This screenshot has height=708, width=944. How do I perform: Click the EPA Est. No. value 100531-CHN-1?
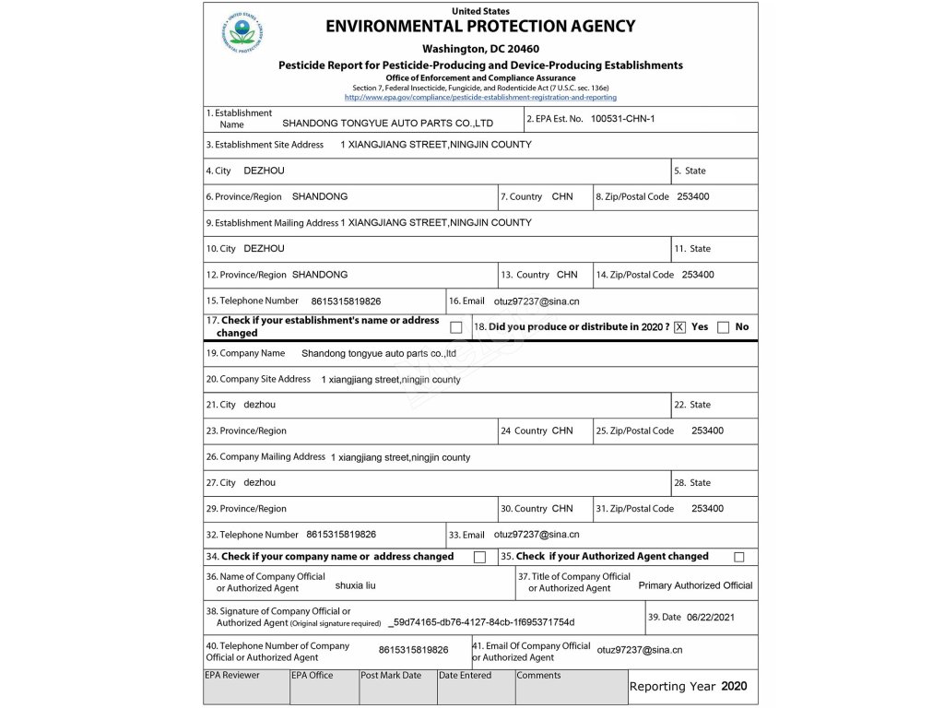coord(622,119)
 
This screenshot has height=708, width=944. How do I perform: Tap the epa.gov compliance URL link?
coord(480,97)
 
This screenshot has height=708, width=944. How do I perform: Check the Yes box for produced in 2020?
coord(680,327)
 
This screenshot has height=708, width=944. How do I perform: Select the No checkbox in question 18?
coord(723,327)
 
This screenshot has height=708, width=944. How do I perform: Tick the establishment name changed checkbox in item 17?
coord(456,327)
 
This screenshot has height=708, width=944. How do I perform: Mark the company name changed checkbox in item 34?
coord(479,557)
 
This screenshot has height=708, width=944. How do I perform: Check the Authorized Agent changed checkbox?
coord(738,557)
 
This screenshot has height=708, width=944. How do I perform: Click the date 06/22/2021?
coord(711,618)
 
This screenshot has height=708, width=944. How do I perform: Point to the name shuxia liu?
coord(356,585)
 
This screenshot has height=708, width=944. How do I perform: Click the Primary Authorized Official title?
coord(695,585)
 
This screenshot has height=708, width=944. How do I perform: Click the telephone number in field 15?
coord(346,301)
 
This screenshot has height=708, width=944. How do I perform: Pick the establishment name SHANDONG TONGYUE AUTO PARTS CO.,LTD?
coord(387,123)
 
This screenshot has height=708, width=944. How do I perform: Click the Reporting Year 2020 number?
coord(734,686)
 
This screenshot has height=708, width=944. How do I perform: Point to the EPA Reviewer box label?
coord(232,676)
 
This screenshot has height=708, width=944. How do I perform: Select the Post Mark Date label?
coord(391,676)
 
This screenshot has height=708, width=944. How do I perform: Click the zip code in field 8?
coord(693,196)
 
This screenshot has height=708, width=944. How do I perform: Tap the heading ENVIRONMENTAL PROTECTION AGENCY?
coord(480,27)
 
